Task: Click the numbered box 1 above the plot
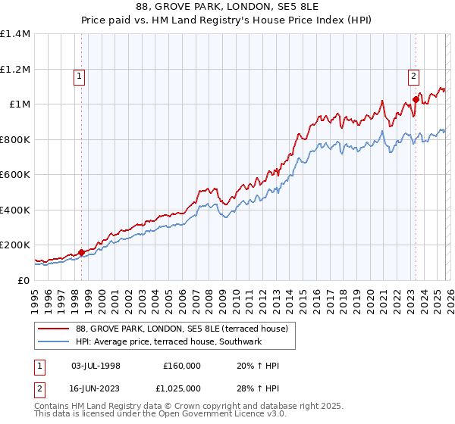click(x=80, y=75)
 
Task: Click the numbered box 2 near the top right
click(x=413, y=75)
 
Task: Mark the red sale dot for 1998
click(x=81, y=252)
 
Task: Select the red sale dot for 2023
click(x=416, y=98)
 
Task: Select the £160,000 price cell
click(x=181, y=366)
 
